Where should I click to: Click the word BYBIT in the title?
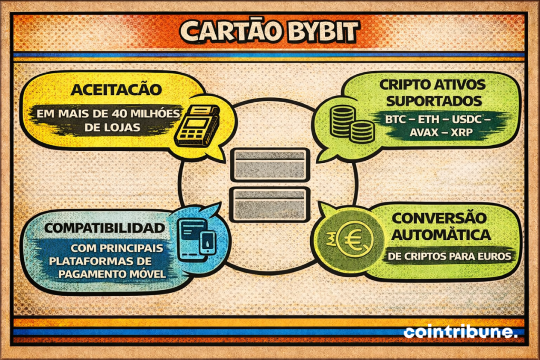click(x=321, y=32)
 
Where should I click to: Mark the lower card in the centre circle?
click(x=270, y=203)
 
